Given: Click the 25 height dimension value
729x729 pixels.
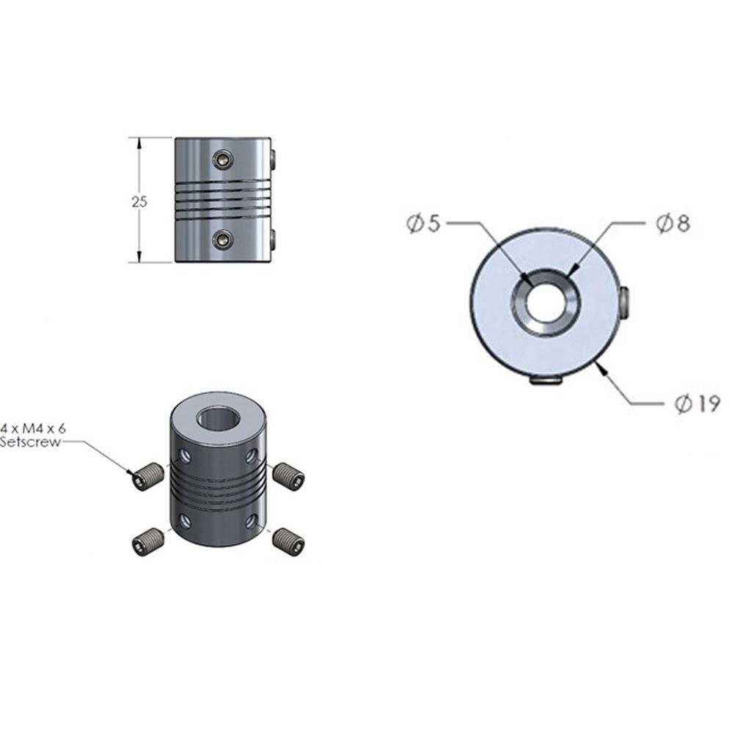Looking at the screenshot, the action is [139, 202].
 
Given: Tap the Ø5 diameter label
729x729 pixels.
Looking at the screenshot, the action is [423, 223].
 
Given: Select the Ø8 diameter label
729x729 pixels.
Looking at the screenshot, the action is [673, 223].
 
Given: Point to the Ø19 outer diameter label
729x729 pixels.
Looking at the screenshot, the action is [697, 403].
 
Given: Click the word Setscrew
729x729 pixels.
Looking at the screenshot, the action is [30, 442].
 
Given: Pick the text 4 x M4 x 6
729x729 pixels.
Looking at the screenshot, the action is [33, 428].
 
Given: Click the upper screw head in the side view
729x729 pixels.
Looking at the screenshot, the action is [223, 159].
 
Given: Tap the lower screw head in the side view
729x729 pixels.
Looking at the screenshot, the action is [223, 239].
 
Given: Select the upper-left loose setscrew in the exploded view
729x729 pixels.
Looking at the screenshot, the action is [147, 477].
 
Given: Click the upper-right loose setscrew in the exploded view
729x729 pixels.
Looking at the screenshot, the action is [288, 475].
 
